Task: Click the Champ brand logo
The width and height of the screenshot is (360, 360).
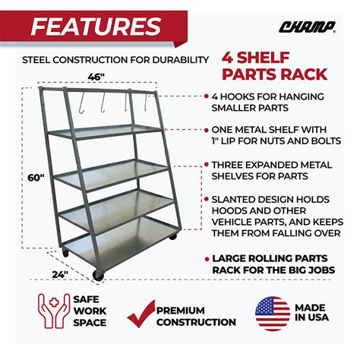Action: pyautogui.click(x=308, y=27)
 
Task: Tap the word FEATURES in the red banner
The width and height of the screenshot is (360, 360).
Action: pyautogui.click(x=96, y=27)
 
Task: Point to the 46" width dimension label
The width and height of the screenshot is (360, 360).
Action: pyautogui.click(x=96, y=77)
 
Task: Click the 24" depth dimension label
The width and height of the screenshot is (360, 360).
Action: pyautogui.click(x=60, y=274)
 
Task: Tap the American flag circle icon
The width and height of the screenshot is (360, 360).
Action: pyautogui.click(x=273, y=314)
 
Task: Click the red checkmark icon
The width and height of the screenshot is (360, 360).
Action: pyautogui.click(x=141, y=314)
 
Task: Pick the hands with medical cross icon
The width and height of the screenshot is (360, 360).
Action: pyautogui.click(x=54, y=311)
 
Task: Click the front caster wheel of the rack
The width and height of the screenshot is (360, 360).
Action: pyautogui.click(x=98, y=275)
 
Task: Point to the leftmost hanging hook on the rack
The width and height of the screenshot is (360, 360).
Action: pyautogui.click(x=81, y=103)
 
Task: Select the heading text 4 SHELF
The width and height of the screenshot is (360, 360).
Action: pyautogui.click(x=256, y=58)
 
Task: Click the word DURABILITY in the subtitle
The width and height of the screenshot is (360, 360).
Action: pyautogui.click(x=181, y=60)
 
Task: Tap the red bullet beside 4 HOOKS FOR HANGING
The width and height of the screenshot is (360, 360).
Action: pyautogui.click(x=207, y=96)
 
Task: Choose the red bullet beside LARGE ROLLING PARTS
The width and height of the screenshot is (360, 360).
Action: pyautogui.click(x=207, y=259)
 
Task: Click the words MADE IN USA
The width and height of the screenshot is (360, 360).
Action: pyautogui.click(x=311, y=312)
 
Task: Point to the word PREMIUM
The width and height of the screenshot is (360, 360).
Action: pyautogui.click(x=181, y=311)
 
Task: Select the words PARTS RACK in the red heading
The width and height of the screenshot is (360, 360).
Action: pyautogui.click(x=275, y=74)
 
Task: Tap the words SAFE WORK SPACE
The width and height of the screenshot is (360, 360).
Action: pyautogui.click(x=90, y=311)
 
